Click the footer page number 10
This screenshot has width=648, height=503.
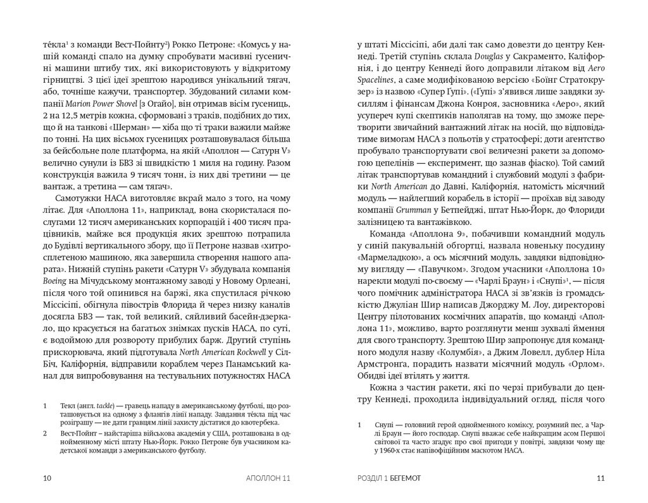[46, 478]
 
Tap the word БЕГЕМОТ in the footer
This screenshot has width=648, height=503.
[418, 478]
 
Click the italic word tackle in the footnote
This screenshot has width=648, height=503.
[101, 403]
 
